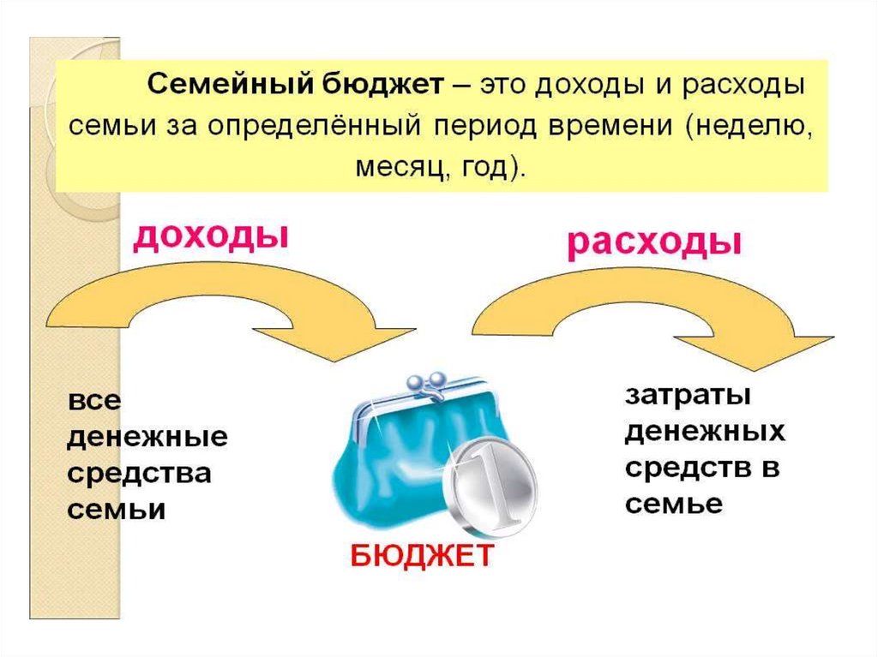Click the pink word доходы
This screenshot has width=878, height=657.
point(210,236)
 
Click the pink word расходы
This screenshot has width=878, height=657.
point(653,244)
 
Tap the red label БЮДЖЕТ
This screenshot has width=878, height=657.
point(422,557)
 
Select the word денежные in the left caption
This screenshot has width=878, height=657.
point(147,438)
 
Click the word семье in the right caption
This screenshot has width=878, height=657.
point(674,505)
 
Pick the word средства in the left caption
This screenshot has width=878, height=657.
point(139,474)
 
